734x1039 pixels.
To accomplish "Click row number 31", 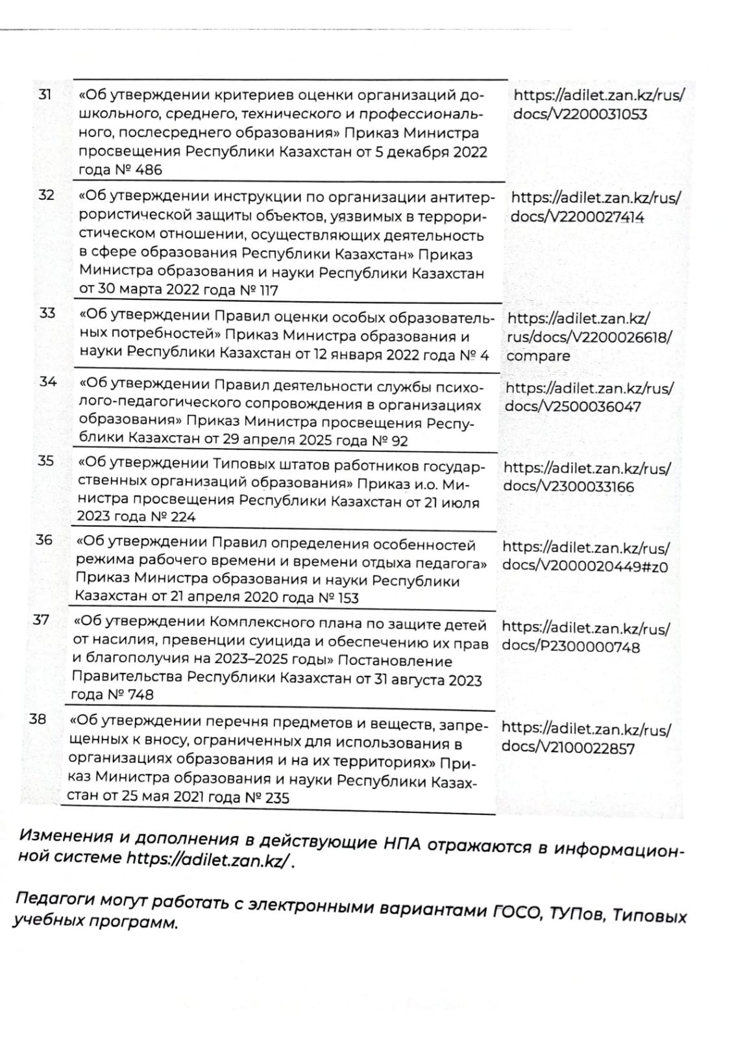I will [x=45, y=94].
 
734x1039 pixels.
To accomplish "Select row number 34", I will [x=48, y=381].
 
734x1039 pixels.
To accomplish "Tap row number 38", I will [x=38, y=718].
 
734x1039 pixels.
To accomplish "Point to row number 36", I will [x=44, y=539].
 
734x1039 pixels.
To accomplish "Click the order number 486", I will [x=150, y=170].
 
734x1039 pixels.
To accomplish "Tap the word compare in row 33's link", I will [x=538, y=356].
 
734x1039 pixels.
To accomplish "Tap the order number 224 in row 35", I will [x=182, y=517].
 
